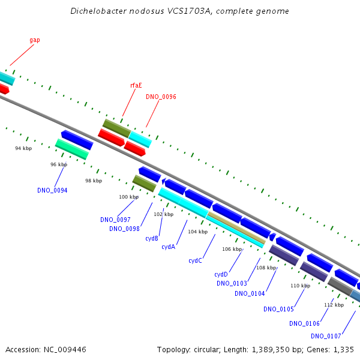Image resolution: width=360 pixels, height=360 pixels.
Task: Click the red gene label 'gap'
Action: point(35,40)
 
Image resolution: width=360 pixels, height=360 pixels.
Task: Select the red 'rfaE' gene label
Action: point(136,85)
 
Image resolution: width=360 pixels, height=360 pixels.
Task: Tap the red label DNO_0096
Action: point(161,97)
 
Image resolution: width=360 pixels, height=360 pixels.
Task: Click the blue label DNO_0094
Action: point(52,190)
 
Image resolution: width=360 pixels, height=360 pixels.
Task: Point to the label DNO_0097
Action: point(115,220)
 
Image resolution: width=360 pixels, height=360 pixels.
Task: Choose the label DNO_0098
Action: point(124,229)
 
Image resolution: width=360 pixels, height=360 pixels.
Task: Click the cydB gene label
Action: point(152,238)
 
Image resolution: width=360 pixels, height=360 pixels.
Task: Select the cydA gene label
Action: point(168,247)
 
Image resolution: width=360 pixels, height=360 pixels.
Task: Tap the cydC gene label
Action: point(195,260)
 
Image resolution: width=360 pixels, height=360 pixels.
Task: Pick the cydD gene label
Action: point(221,274)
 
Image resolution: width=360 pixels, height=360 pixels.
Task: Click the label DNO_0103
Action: point(232,283)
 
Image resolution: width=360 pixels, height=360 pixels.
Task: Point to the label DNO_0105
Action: point(278,309)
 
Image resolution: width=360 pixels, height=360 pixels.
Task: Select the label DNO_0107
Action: point(326,336)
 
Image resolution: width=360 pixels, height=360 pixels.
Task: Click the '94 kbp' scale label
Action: point(23,148)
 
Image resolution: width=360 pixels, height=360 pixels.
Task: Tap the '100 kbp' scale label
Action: point(128,197)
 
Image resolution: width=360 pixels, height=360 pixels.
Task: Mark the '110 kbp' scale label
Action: point(300,286)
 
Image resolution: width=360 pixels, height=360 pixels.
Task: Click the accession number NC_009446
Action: point(67,349)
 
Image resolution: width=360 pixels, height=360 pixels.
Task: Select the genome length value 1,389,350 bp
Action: point(281,349)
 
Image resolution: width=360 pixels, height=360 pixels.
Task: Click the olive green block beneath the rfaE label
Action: point(116,127)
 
